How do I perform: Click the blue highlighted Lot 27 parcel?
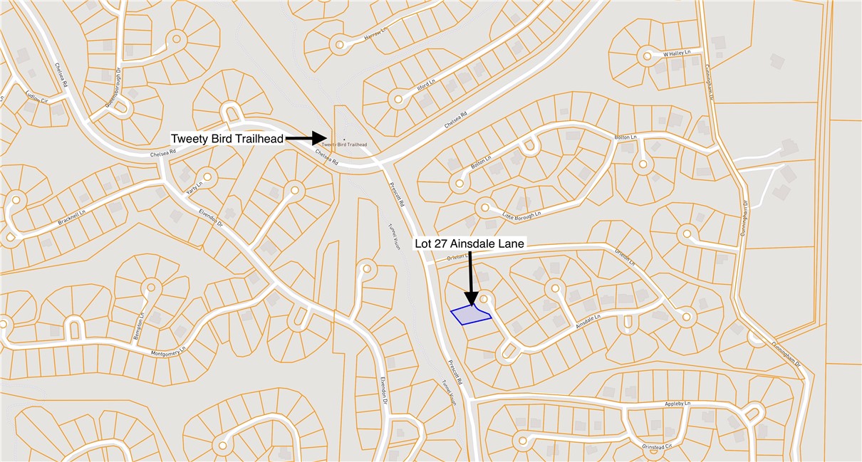[469, 315]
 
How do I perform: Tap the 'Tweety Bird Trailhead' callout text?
[227, 137]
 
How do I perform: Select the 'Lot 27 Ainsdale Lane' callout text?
[469, 243]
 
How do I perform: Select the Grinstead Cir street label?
[658, 446]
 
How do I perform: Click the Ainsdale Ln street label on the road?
[588, 320]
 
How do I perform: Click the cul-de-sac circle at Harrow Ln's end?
[340, 45]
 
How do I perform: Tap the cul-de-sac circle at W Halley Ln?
[647, 56]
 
